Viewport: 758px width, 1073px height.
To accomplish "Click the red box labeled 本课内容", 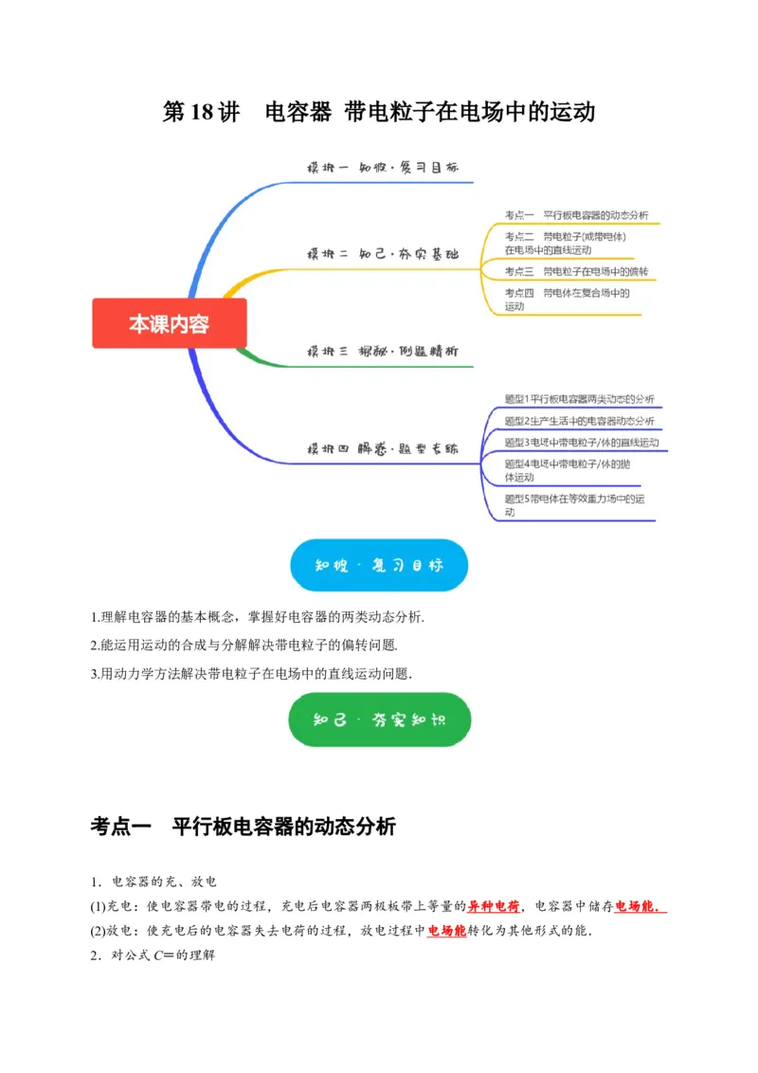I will [x=170, y=324].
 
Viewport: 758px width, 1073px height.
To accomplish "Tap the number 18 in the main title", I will [x=205, y=113].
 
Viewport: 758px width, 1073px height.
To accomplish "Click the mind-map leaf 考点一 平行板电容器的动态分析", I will [x=576, y=215].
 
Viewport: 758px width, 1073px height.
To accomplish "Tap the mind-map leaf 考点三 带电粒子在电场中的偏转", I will [x=576, y=272].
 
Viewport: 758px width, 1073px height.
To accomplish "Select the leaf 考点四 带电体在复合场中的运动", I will [x=567, y=300].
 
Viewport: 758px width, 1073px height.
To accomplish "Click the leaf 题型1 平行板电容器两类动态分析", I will [x=579, y=399].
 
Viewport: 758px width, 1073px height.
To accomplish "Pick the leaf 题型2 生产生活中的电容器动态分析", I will [x=579, y=421].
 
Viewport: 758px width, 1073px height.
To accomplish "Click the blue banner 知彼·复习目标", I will [x=378, y=566].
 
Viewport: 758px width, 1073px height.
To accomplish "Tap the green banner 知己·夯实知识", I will [x=379, y=719].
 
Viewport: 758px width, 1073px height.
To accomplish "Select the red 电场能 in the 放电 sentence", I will [x=446, y=931].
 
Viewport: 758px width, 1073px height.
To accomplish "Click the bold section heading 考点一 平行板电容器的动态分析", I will [x=243, y=827].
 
